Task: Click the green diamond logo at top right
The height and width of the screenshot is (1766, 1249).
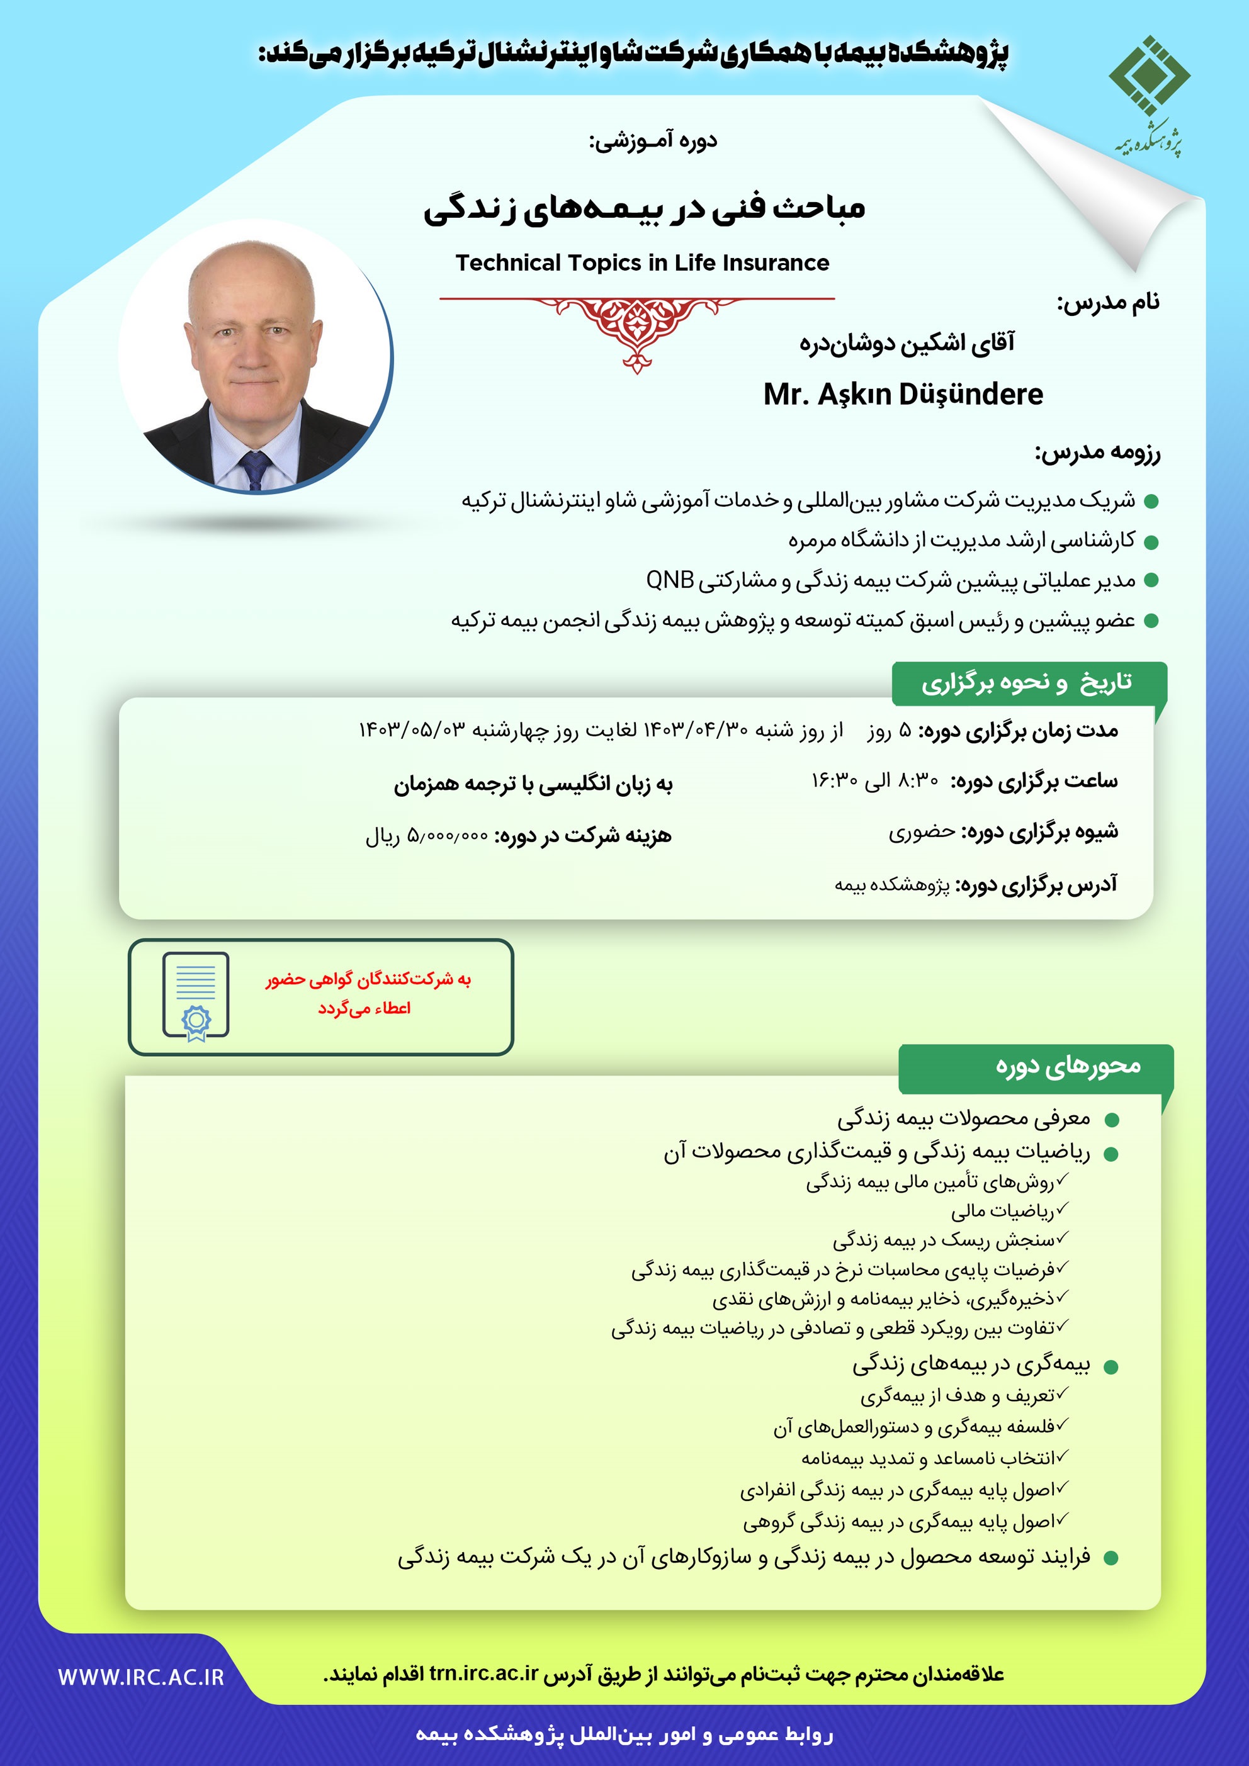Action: (1149, 76)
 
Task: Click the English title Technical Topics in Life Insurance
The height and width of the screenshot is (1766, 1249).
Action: (642, 263)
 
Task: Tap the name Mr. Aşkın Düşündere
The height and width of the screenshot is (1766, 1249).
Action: (903, 395)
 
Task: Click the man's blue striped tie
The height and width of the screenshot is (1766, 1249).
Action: (254, 469)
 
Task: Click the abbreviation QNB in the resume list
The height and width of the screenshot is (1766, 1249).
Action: (670, 580)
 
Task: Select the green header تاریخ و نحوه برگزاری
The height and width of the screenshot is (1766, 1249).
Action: (1027, 682)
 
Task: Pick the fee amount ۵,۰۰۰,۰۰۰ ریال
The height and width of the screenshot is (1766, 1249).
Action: (426, 836)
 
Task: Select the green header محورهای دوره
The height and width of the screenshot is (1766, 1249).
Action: (1068, 1066)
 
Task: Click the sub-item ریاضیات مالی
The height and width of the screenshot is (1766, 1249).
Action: (1002, 1212)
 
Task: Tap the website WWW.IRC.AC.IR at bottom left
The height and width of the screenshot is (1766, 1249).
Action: (141, 1677)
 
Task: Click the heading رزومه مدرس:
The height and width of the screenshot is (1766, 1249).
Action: (1097, 453)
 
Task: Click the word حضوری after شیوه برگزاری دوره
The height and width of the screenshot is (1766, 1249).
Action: (922, 832)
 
